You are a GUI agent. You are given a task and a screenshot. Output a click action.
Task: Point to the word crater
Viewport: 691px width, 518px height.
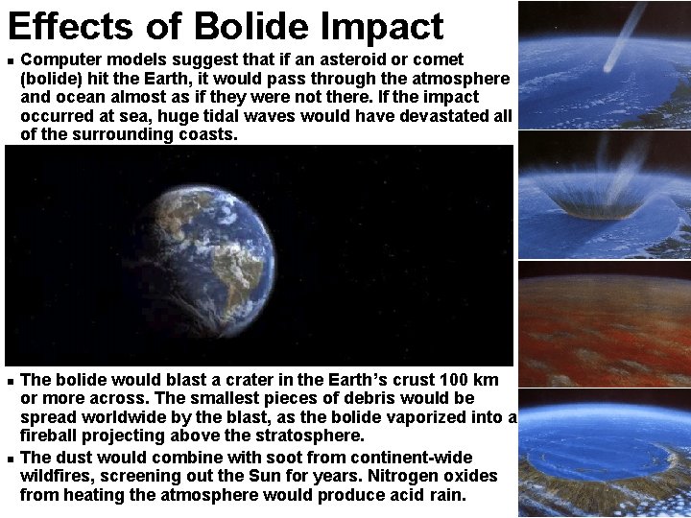(x=222, y=380)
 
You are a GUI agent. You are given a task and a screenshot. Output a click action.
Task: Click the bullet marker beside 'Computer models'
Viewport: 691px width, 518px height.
(x=9, y=60)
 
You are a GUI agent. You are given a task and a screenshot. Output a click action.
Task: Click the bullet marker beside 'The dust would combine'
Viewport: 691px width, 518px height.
(x=9, y=459)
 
